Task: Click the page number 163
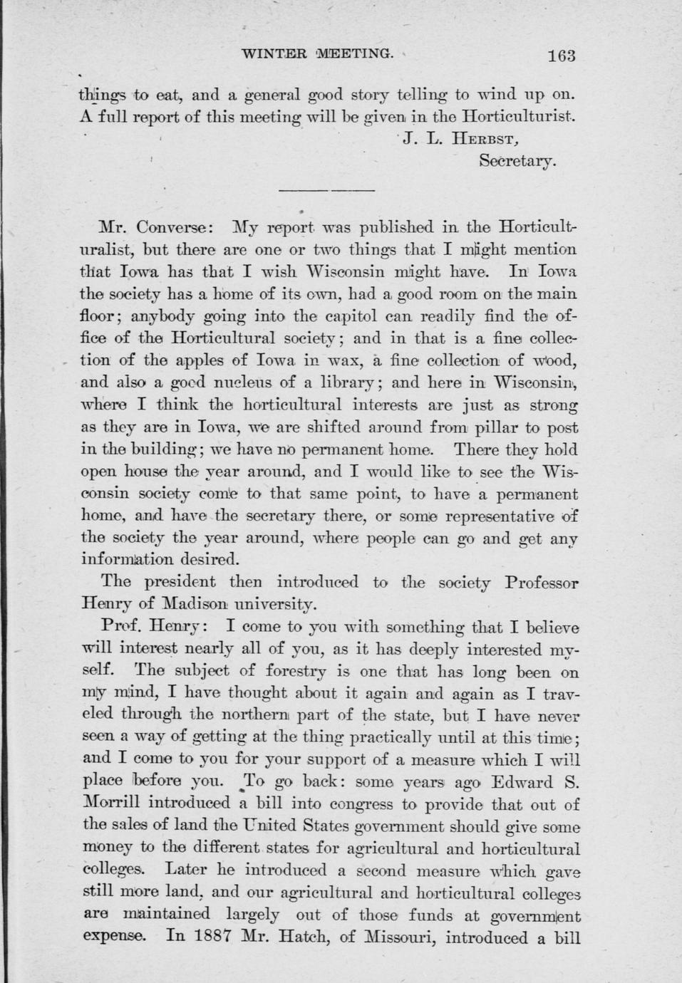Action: coord(561,56)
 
